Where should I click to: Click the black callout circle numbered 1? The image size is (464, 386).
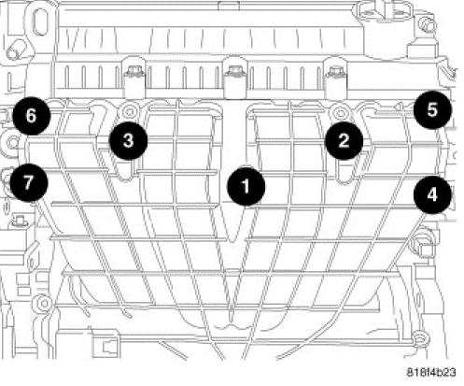click(x=246, y=186)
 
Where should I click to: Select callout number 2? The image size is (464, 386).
click(x=344, y=141)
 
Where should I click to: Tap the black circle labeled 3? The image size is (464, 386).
click(x=128, y=140)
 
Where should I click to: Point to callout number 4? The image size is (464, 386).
click(x=432, y=195)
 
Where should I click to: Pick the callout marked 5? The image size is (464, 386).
click(x=432, y=109)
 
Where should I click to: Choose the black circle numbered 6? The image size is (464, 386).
click(x=31, y=116)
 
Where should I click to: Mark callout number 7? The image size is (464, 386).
click(x=29, y=182)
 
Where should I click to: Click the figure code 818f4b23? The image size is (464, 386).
click(x=431, y=372)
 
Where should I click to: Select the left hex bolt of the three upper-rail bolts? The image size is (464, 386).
click(x=134, y=72)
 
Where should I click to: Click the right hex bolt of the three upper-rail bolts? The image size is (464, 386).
click(x=335, y=71)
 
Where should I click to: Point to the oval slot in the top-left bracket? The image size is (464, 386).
click(x=40, y=21)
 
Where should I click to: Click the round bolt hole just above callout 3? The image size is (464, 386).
click(x=129, y=111)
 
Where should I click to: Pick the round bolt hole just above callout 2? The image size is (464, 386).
click(x=340, y=112)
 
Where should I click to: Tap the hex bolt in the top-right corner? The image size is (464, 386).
click(x=428, y=25)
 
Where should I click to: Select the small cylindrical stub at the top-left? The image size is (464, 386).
click(x=16, y=52)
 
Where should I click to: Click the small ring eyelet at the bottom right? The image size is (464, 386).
click(x=420, y=337)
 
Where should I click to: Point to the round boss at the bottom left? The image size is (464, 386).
click(x=43, y=303)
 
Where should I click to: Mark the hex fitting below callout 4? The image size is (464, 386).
click(x=422, y=246)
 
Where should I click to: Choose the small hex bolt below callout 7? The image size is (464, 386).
click(x=18, y=221)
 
